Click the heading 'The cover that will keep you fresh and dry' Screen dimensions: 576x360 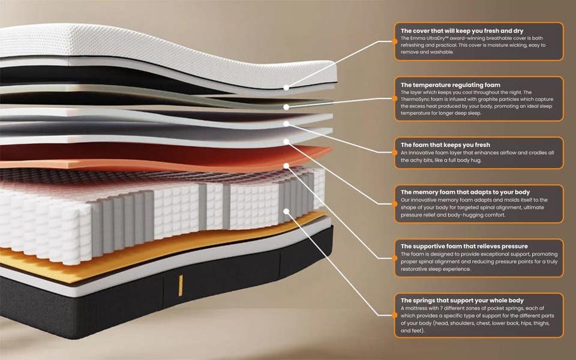(462, 31)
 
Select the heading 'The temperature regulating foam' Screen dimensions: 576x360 (451, 85)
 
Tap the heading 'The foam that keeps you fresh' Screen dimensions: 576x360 (445, 145)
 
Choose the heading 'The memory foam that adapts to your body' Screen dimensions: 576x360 (465, 192)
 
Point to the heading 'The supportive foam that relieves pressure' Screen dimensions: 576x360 (464, 246)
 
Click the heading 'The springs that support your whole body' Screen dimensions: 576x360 (462, 301)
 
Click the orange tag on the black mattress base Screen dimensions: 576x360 (181, 286)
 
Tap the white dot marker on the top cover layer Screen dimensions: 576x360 (286, 88)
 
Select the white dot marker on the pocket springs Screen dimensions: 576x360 (286, 211)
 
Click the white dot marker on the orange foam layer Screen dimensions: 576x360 (286, 166)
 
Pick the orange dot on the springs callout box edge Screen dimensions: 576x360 (395, 315)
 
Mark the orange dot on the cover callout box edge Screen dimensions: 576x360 (395, 41)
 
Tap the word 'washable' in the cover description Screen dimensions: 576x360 (442, 52)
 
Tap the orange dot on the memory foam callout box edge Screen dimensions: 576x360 (395, 204)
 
